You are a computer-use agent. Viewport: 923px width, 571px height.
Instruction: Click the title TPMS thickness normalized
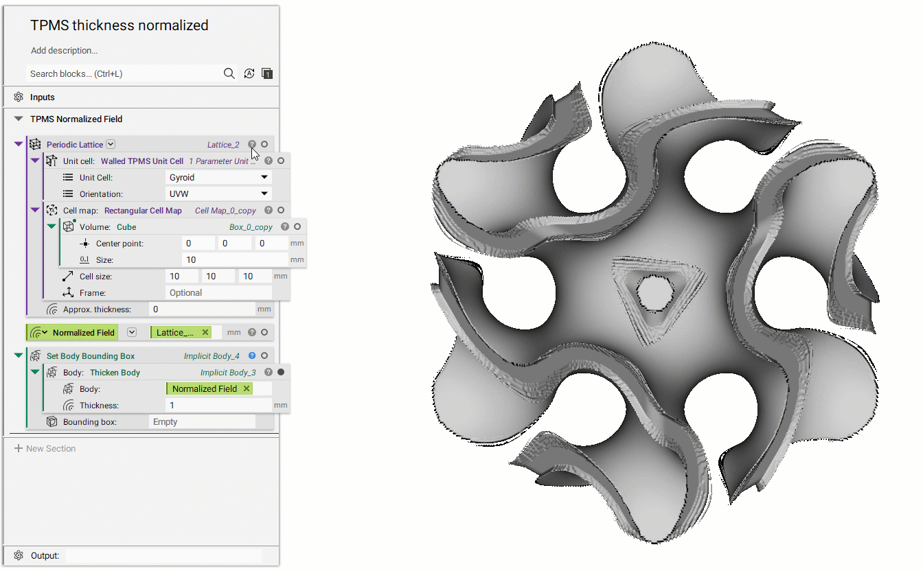119,25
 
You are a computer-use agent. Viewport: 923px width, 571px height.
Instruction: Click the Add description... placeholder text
64,51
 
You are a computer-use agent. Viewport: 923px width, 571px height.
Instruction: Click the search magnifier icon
229,73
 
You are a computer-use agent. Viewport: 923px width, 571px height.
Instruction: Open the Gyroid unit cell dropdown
218,178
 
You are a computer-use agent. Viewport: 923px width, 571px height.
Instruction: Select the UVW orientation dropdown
218,194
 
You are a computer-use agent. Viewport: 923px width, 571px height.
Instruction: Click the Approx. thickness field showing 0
202,310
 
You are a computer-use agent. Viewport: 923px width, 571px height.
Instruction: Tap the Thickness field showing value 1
218,406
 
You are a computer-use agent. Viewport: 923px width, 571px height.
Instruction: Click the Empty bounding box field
202,422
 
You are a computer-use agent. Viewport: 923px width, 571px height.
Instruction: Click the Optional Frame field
218,293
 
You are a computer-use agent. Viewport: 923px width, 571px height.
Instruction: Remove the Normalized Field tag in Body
247,389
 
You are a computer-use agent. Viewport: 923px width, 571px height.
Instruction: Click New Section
51,449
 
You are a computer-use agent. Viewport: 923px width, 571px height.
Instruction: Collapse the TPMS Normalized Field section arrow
19,119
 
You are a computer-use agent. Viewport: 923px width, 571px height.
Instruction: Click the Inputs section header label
43,97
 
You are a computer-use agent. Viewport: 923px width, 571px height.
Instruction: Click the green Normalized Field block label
83,333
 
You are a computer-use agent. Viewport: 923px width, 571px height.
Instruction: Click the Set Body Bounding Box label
91,356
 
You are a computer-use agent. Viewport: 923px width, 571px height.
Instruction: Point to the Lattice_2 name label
223,145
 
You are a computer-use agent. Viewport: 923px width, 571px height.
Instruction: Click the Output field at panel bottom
163,555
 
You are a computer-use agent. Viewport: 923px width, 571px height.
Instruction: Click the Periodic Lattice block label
75,145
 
